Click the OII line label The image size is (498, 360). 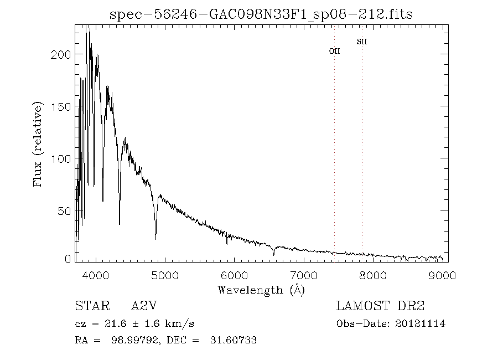[x=334, y=51]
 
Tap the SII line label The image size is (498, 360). [x=362, y=42]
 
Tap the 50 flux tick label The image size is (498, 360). [x=66, y=211]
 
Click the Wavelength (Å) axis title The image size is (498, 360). [x=261, y=290]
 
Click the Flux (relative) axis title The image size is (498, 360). [x=38, y=144]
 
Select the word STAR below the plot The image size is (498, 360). [x=89, y=306]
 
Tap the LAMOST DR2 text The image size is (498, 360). [x=381, y=306]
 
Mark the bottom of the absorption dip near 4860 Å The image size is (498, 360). [x=155, y=239]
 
